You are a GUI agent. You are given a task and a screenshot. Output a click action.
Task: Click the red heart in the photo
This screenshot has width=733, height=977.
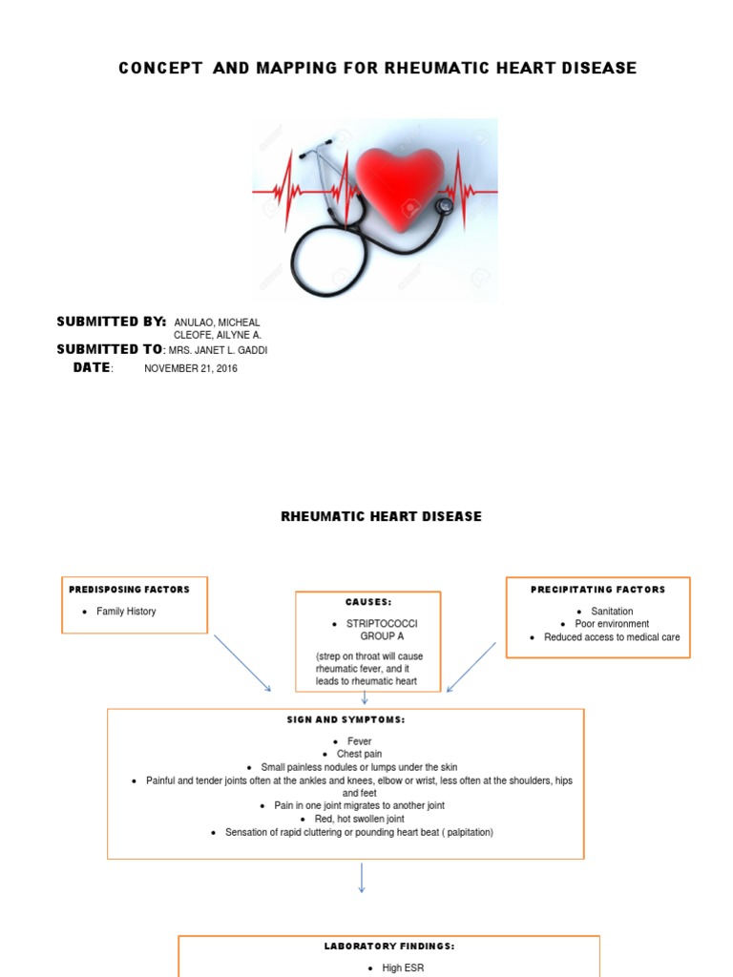(400, 182)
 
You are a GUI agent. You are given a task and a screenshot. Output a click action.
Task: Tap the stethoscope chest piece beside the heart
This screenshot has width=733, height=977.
(445, 205)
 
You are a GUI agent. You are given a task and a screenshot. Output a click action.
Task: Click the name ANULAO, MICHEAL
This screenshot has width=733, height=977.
(217, 322)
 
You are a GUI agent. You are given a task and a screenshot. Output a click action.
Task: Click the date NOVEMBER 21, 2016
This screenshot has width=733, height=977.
(191, 369)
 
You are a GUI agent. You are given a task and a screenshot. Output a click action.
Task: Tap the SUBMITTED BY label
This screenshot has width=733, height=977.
(112, 321)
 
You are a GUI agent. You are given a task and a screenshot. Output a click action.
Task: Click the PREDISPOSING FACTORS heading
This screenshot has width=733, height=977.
(130, 590)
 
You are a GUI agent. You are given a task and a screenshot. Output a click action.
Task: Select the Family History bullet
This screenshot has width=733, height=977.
(126, 612)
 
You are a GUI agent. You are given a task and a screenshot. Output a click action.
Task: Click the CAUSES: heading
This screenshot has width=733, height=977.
(368, 603)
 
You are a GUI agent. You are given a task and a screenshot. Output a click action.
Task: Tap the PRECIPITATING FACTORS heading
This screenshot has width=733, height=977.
(597, 590)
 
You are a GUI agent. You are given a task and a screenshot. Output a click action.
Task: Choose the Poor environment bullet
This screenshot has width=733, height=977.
(611, 624)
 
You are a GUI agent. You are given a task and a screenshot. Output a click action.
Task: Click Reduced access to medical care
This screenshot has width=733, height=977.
(612, 637)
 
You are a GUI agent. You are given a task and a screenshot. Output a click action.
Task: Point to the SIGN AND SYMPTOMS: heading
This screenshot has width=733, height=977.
(346, 719)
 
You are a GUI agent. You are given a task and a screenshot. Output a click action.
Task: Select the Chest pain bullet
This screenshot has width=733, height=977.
(359, 754)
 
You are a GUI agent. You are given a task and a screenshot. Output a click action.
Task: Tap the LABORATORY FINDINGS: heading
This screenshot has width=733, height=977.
(389, 946)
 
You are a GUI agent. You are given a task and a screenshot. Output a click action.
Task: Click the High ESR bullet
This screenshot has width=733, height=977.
(402, 967)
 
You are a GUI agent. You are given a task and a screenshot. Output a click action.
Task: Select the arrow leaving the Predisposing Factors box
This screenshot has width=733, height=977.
(242, 662)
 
